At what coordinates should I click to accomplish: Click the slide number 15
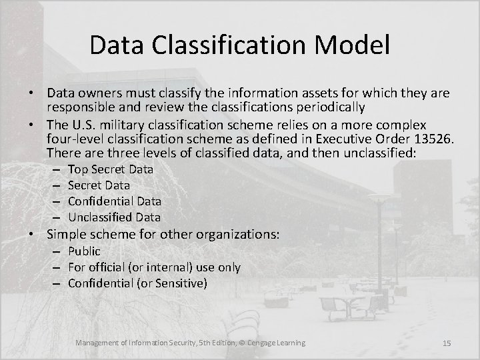(447, 343)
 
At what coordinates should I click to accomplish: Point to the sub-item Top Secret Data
(111, 169)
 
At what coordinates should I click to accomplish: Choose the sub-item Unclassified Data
(114, 217)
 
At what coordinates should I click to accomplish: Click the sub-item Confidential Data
(115, 201)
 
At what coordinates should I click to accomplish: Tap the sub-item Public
(84, 251)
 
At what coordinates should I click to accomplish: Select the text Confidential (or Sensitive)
(138, 283)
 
